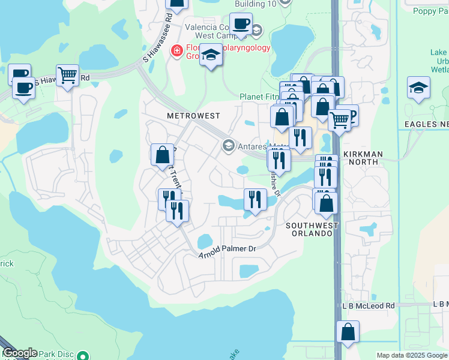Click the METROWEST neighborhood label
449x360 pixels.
193,115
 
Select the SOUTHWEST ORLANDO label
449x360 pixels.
312,230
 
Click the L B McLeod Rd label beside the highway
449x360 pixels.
369,305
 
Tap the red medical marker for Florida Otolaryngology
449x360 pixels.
177,50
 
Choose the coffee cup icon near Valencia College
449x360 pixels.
241,24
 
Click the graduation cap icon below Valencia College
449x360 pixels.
211,55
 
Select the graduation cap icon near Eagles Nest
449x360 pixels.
418,88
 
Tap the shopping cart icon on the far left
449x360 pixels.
67,76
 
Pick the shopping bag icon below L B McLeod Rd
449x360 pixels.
348,332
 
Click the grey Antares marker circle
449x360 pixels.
228,145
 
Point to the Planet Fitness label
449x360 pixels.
259,97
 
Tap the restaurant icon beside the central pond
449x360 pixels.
255,199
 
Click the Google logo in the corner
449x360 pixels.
19,353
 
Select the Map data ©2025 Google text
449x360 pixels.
412,355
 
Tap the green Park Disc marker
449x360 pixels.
85,355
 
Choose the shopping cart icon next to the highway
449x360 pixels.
340,119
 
